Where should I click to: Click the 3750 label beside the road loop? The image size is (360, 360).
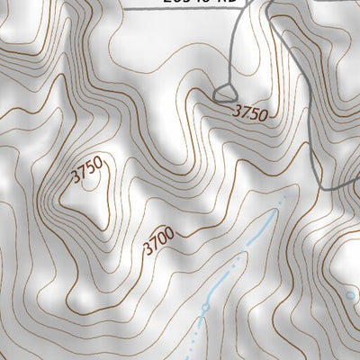click(250, 113)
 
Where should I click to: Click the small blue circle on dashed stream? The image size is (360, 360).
click(205, 309)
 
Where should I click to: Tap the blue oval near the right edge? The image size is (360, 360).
click(352, 294)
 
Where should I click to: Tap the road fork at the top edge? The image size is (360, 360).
click(269, 6)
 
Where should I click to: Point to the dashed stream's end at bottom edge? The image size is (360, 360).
click(192, 357)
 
